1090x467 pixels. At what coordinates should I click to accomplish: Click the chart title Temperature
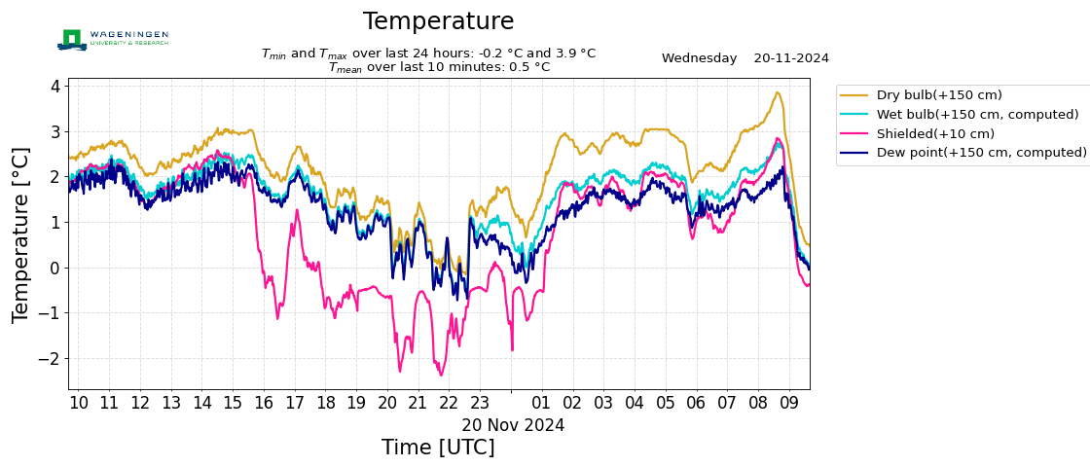pos(438,21)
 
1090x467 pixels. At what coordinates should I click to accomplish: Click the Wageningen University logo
pos(113,39)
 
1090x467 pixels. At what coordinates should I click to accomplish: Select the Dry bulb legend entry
pos(939,95)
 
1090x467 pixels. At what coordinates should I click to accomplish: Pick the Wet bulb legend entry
pos(977,115)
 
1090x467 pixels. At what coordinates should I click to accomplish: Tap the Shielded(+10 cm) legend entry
pos(935,134)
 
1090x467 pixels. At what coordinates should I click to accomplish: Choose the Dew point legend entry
pos(981,153)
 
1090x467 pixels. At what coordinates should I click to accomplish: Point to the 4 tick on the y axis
pos(55,87)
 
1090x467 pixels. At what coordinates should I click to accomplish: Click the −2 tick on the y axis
pos(52,359)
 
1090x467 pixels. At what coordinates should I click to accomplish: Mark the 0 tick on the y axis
pos(55,269)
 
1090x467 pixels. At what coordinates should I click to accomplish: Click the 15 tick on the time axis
pos(233,403)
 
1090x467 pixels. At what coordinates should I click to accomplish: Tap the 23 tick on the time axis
pos(480,403)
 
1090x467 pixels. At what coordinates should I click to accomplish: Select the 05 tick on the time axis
pos(665,403)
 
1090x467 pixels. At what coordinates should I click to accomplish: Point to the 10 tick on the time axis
pos(79,403)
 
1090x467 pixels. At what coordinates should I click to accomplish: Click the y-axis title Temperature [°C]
pos(21,234)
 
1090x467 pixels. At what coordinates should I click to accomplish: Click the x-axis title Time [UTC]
pos(438,448)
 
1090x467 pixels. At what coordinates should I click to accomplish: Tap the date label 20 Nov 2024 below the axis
pos(513,425)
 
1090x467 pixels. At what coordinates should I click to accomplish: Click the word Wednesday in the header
pos(699,58)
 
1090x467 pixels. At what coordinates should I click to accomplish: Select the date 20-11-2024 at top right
pos(791,58)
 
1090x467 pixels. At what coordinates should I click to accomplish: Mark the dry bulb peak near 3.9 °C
pos(777,92)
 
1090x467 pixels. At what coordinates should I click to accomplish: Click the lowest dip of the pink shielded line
pos(441,375)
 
